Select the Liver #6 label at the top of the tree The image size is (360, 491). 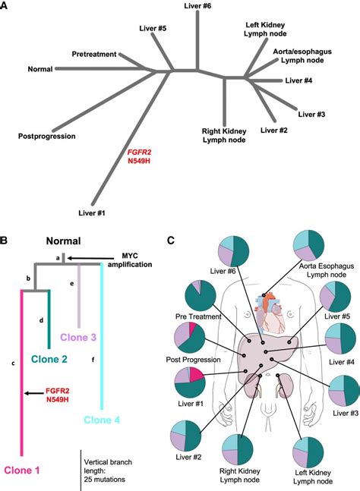point(197,6)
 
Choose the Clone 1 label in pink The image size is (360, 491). point(24,471)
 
